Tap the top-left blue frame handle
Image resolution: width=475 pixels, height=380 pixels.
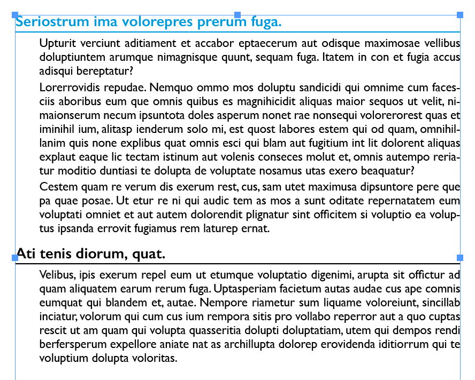15,15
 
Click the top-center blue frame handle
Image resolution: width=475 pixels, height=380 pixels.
237,15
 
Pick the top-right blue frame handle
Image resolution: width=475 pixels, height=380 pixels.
460,15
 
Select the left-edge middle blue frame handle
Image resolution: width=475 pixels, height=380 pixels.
15,258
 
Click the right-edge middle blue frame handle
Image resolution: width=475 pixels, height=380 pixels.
460,258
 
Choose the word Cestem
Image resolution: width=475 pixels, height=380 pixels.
57,187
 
